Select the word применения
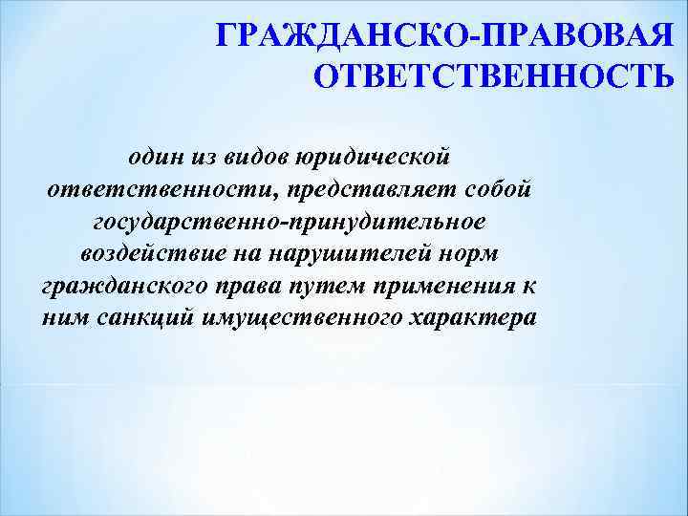click(450, 288)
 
